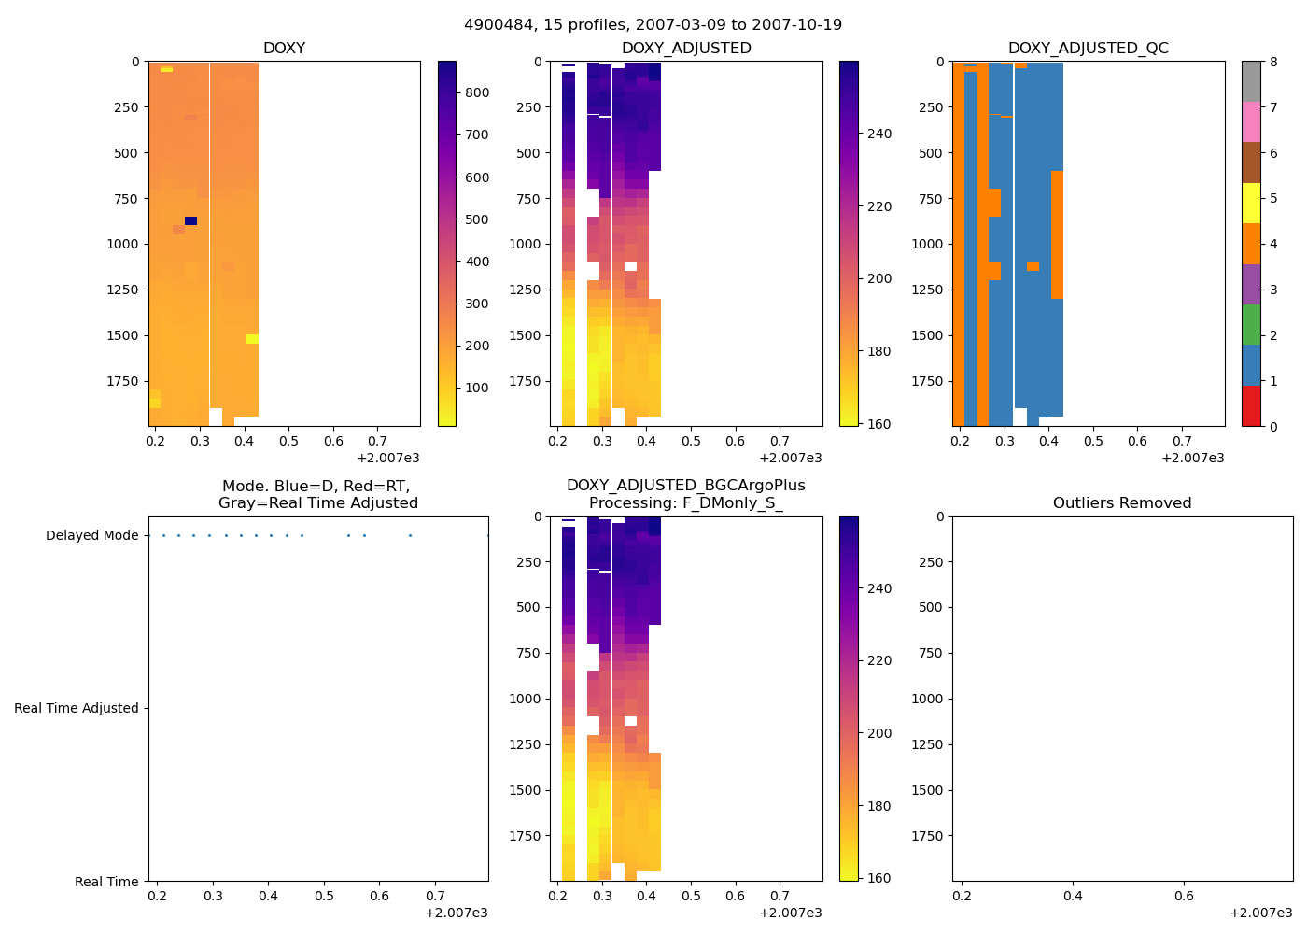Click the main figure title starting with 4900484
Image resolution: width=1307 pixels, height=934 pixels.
653,25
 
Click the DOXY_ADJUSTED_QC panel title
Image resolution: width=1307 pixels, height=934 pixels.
1088,49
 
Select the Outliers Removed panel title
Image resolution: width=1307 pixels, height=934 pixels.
1122,503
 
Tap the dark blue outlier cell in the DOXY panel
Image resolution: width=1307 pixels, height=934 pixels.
190,221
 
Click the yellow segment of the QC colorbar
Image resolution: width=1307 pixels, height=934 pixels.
1251,203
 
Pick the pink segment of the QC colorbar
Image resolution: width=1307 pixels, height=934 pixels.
1251,121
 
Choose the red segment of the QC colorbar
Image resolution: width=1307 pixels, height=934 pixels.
1251,406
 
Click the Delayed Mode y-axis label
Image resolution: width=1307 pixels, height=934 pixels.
91,536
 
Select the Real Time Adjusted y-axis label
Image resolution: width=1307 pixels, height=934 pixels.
77,709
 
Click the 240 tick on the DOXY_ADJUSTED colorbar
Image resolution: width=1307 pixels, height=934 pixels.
879,134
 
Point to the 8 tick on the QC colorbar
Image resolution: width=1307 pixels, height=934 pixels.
1273,62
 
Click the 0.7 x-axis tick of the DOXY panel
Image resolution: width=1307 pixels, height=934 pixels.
377,441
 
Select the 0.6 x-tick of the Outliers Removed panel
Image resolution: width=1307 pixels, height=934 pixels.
1184,896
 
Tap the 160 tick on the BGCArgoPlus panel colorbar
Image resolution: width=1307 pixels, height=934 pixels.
879,878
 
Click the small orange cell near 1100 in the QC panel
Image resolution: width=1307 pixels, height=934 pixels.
1033,266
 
